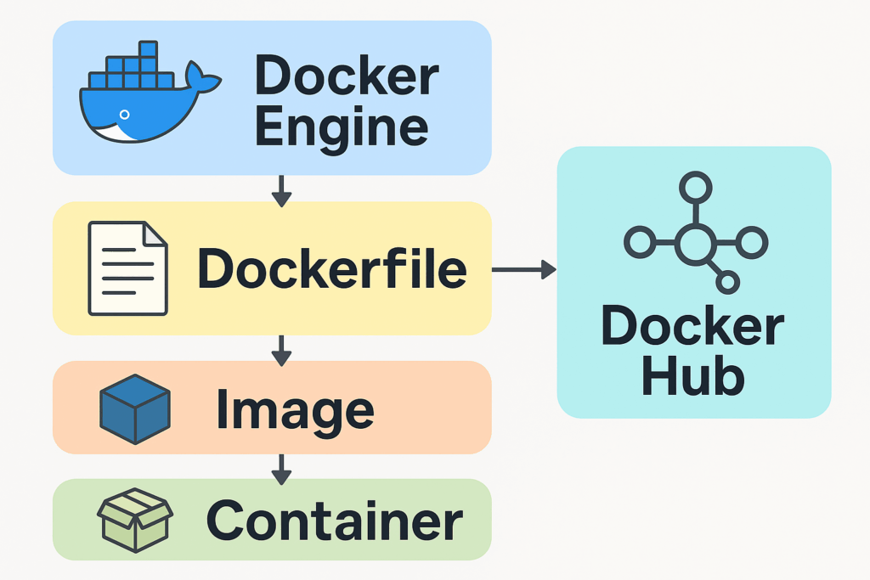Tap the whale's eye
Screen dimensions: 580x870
click(x=125, y=114)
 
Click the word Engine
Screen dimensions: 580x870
click(x=341, y=128)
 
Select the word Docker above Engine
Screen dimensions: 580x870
click(x=347, y=76)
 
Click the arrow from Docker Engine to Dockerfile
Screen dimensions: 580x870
click(x=281, y=190)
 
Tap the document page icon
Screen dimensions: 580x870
click(x=128, y=268)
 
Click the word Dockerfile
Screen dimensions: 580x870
click(x=331, y=269)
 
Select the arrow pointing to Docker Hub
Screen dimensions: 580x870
click(x=523, y=270)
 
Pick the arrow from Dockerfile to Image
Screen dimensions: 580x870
click(x=281, y=347)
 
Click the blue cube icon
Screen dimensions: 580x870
click(x=135, y=407)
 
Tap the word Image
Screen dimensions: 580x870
click(x=294, y=408)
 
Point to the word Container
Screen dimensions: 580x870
click(x=334, y=521)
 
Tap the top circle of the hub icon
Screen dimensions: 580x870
click(x=695, y=186)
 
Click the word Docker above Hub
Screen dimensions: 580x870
click(x=692, y=326)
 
